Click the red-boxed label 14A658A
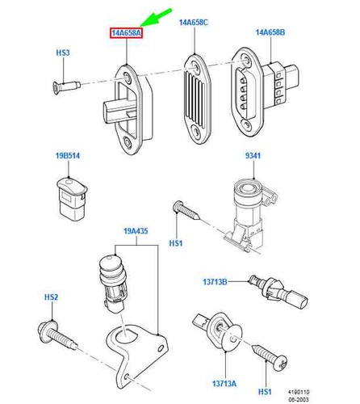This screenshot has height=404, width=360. [x=126, y=33]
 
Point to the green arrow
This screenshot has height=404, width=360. [x=156, y=18]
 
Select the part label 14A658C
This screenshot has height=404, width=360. [x=194, y=23]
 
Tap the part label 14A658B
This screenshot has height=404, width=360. [x=270, y=32]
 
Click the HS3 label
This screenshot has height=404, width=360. [x=63, y=53]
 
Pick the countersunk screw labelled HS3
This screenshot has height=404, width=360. [x=66, y=87]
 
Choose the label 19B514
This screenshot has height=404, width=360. [x=68, y=156]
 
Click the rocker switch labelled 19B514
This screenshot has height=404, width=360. [x=73, y=199]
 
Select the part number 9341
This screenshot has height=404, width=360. [x=253, y=155]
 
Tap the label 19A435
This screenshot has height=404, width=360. [x=136, y=231]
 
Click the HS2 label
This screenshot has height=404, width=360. [x=51, y=297]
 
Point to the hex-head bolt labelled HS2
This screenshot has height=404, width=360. [x=57, y=335]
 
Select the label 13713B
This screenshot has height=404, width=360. [x=215, y=282]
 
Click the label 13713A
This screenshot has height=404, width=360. [x=224, y=383]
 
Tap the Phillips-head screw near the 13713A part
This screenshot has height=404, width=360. [x=270, y=357]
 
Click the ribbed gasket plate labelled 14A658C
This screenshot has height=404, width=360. [x=197, y=99]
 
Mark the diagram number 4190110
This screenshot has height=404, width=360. [x=299, y=392]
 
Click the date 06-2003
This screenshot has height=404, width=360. [x=299, y=399]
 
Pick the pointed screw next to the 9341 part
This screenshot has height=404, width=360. [x=186, y=211]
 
